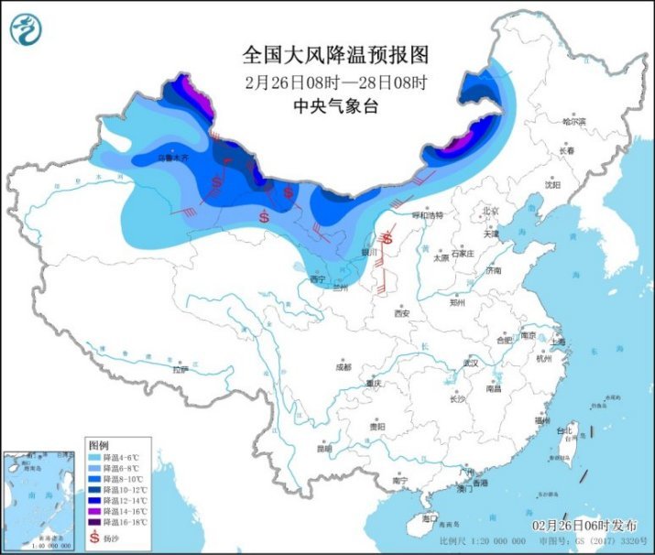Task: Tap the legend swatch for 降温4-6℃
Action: coord(94,456)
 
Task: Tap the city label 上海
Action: coord(559,341)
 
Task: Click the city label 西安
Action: coord(401,313)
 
